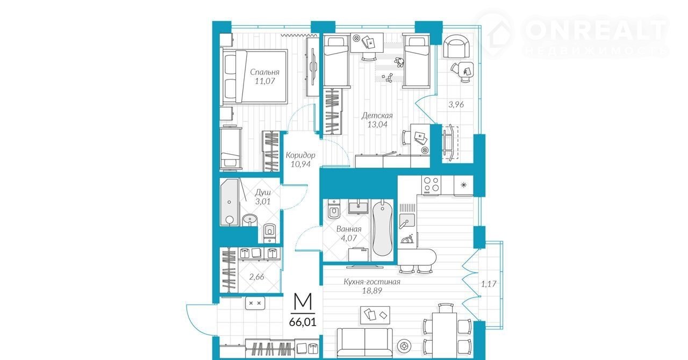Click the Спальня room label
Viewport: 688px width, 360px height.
(264, 72)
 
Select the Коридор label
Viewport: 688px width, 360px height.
(300, 155)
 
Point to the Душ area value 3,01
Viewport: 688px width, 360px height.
(263, 201)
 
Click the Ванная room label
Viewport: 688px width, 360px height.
(349, 229)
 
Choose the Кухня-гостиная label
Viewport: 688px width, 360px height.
(372, 282)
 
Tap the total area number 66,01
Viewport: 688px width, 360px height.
(302, 322)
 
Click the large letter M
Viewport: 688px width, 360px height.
(303, 301)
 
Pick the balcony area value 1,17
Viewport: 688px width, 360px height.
(489, 284)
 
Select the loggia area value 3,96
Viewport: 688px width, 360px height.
(456, 104)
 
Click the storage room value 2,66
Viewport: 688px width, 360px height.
(256, 277)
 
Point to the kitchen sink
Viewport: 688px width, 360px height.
(407, 221)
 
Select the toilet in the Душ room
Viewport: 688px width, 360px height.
(269, 233)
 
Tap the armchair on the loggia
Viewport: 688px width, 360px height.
(456, 46)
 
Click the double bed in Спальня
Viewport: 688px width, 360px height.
(254, 77)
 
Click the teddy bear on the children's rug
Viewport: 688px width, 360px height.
(399, 62)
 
